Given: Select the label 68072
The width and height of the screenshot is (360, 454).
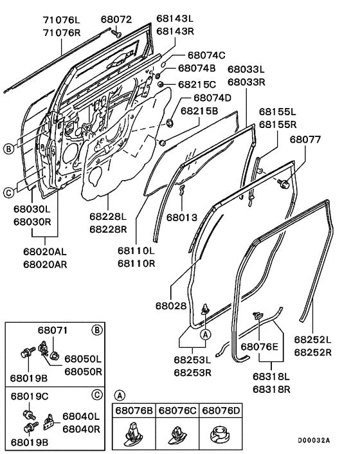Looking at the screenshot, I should click(116, 19).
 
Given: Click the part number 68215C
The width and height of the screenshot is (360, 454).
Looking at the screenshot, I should click(198, 84).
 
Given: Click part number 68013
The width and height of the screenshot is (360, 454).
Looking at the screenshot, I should click(184, 218).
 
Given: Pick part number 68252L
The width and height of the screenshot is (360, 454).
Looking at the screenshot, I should click(313, 340).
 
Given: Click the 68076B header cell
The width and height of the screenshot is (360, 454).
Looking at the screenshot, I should click(135, 410).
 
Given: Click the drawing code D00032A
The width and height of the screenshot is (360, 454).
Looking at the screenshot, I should click(313, 441).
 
